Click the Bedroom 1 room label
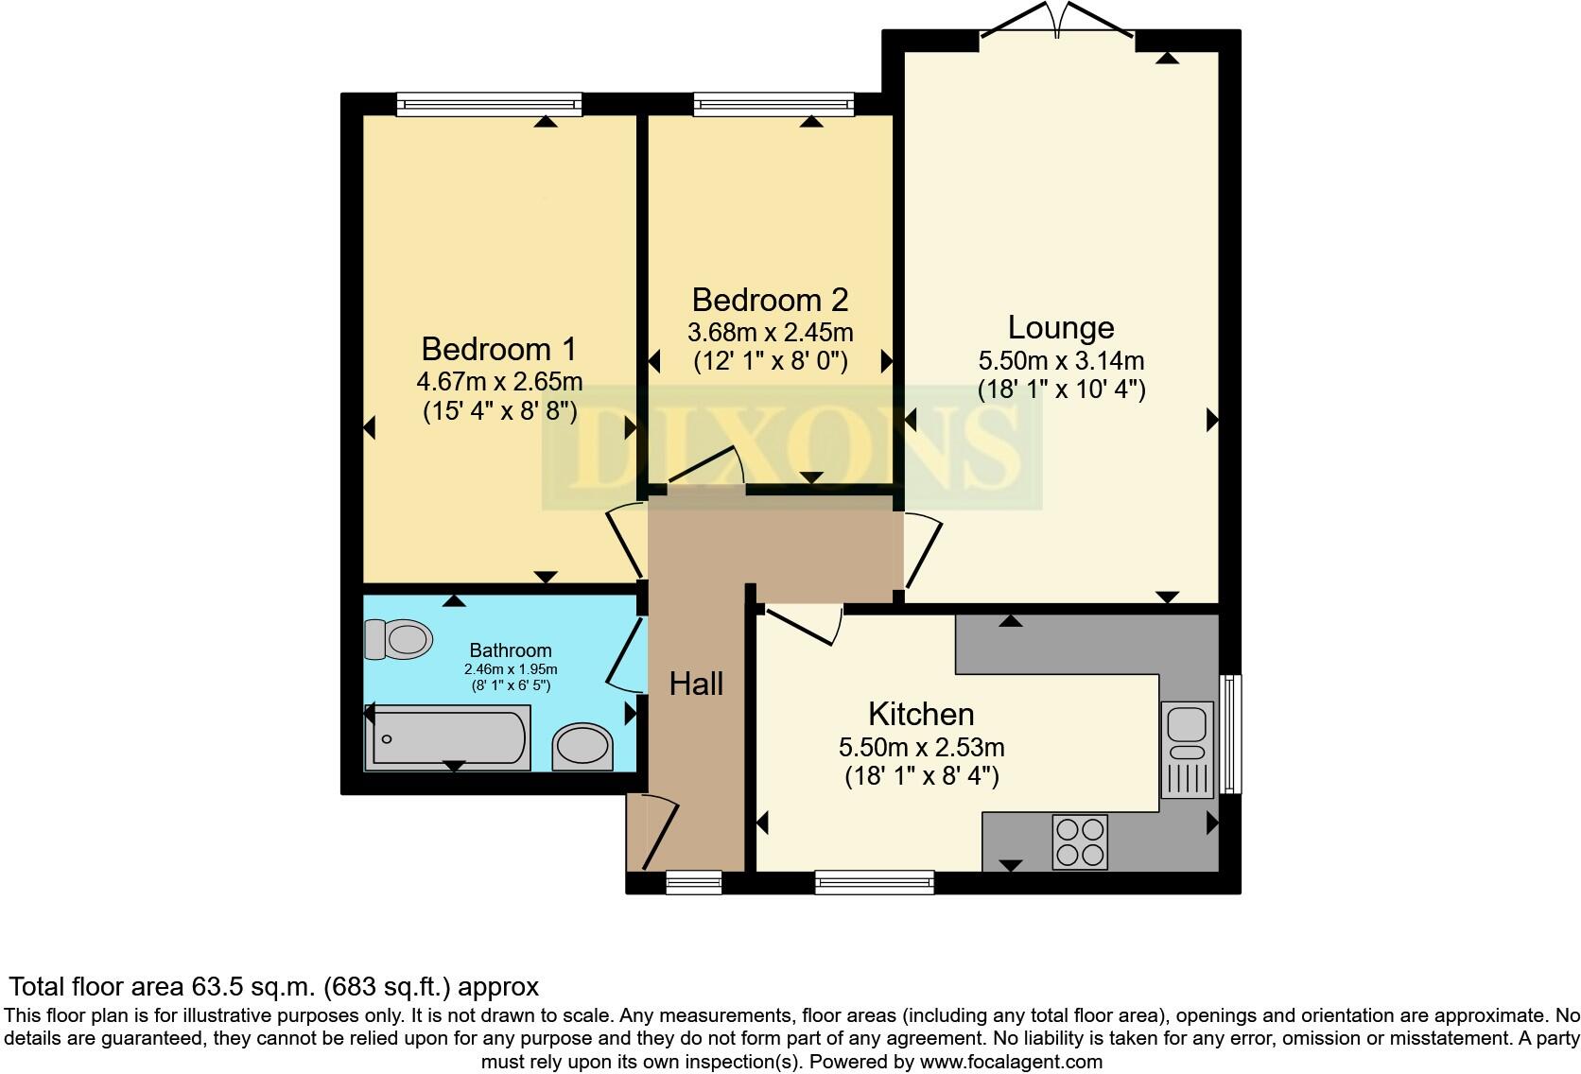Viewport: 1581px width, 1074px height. pos(498,349)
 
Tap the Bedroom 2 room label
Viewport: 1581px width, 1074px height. pos(770,300)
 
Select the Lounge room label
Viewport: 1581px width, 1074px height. pos(1060,327)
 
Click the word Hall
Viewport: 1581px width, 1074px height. pos(696,684)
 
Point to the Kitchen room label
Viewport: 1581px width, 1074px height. pos(921,714)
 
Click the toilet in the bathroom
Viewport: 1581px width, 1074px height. pos(398,639)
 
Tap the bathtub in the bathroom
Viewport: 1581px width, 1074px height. pos(449,739)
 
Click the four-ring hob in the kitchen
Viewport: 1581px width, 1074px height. pos(1080,841)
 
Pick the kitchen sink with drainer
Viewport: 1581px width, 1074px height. pos(1187,750)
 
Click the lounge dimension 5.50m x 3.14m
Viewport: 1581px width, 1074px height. pos(1061,360)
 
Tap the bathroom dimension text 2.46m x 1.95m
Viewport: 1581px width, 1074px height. pos(511,669)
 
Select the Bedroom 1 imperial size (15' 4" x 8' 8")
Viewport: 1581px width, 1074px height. pos(498,411)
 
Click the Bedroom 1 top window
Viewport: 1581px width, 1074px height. pos(489,104)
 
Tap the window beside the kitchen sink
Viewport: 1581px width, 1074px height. pos(1228,734)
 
